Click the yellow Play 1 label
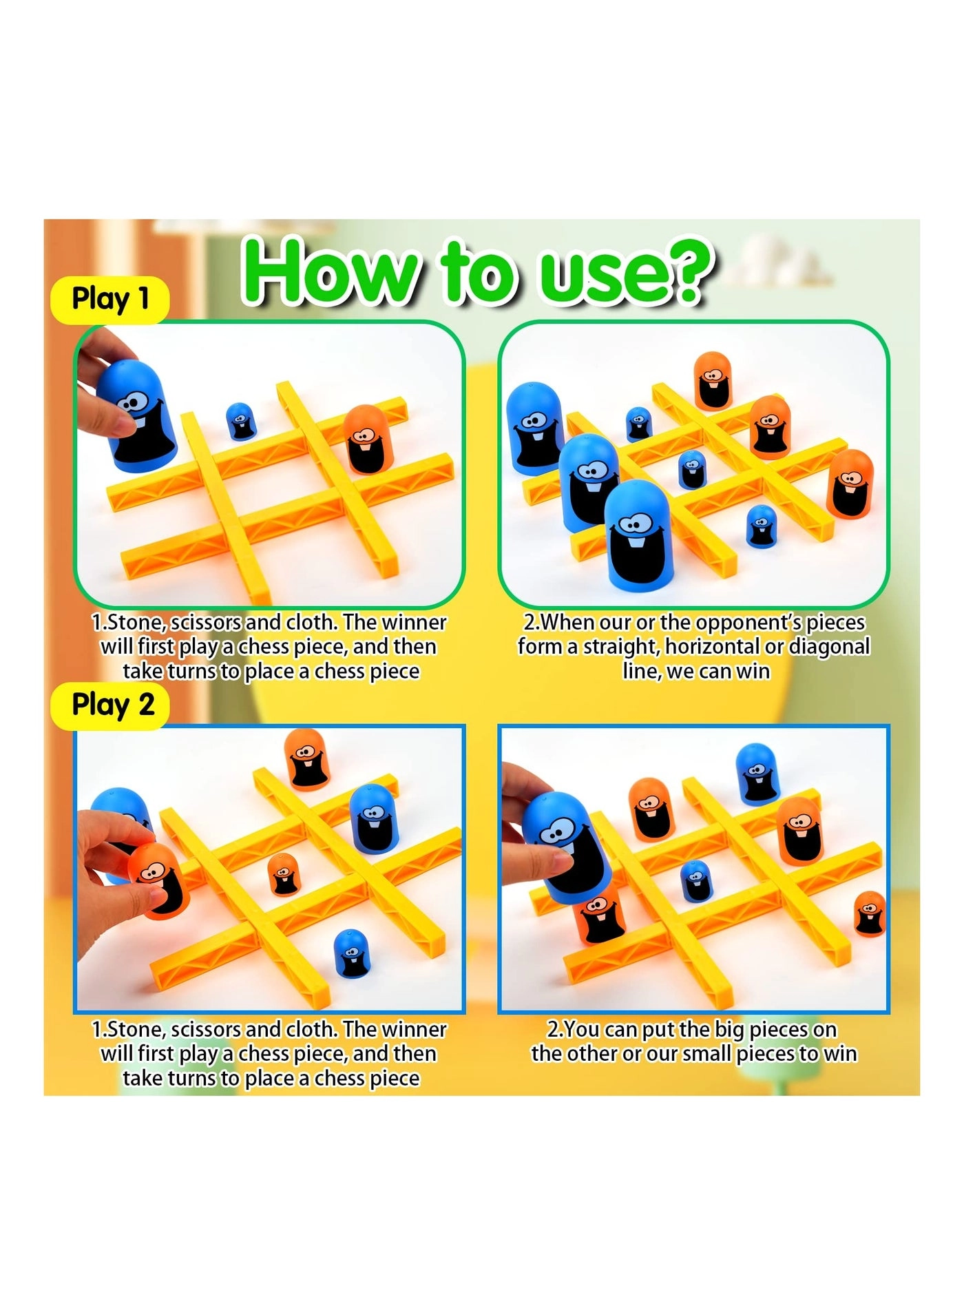110,300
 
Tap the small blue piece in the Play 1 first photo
240,422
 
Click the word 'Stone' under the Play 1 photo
135,622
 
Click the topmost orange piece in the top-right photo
712,380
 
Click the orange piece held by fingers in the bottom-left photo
158,881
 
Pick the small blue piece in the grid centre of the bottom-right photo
695,880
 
